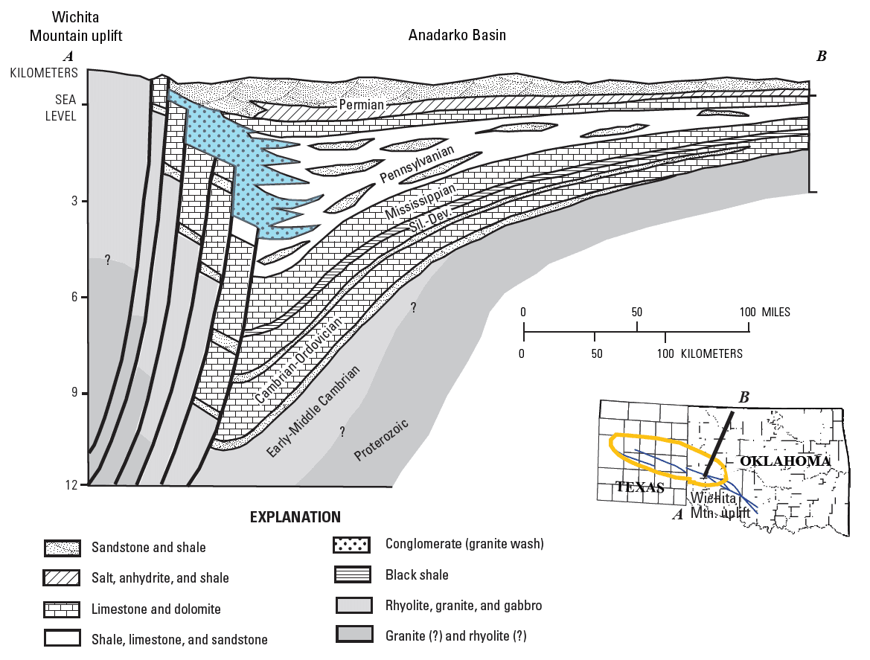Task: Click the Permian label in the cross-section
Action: tap(362, 105)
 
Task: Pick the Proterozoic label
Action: tap(382, 439)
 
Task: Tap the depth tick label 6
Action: tap(74, 298)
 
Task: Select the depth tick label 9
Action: tap(74, 394)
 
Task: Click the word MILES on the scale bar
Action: tap(775, 312)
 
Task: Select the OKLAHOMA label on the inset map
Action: tap(784, 462)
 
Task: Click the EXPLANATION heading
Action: tap(295, 517)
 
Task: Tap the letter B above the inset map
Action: tap(743, 397)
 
